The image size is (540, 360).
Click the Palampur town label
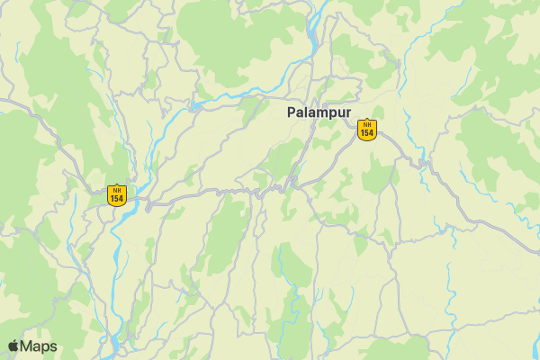click(319, 112)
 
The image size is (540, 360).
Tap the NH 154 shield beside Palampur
click(366, 130)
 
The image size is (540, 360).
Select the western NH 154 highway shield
click(116, 194)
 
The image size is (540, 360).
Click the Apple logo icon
click(13, 346)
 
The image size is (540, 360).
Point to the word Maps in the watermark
click(39, 346)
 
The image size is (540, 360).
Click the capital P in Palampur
click(292, 112)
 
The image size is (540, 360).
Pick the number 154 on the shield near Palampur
click(366, 133)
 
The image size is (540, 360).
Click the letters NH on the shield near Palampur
click(366, 124)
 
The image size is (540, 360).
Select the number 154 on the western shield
click(116, 198)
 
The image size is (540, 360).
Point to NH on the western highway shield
click(116, 189)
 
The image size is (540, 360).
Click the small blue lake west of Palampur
click(195, 106)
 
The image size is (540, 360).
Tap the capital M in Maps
click(27, 346)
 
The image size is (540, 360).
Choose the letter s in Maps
click(53, 347)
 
